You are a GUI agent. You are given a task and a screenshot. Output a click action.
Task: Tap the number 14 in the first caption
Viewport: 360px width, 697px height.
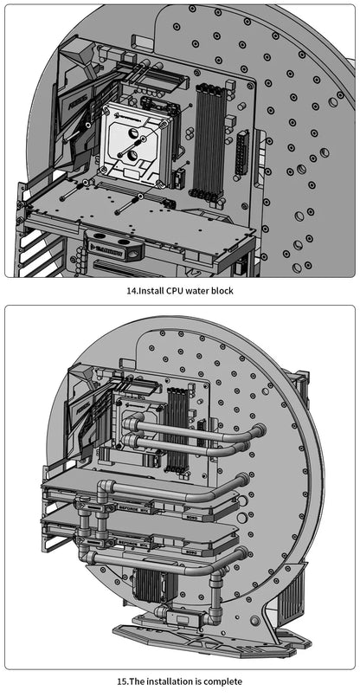132,291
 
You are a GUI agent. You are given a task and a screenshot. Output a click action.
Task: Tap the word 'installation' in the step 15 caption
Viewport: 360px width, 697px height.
174,681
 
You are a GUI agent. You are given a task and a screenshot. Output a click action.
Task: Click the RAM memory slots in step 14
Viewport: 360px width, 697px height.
209,139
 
